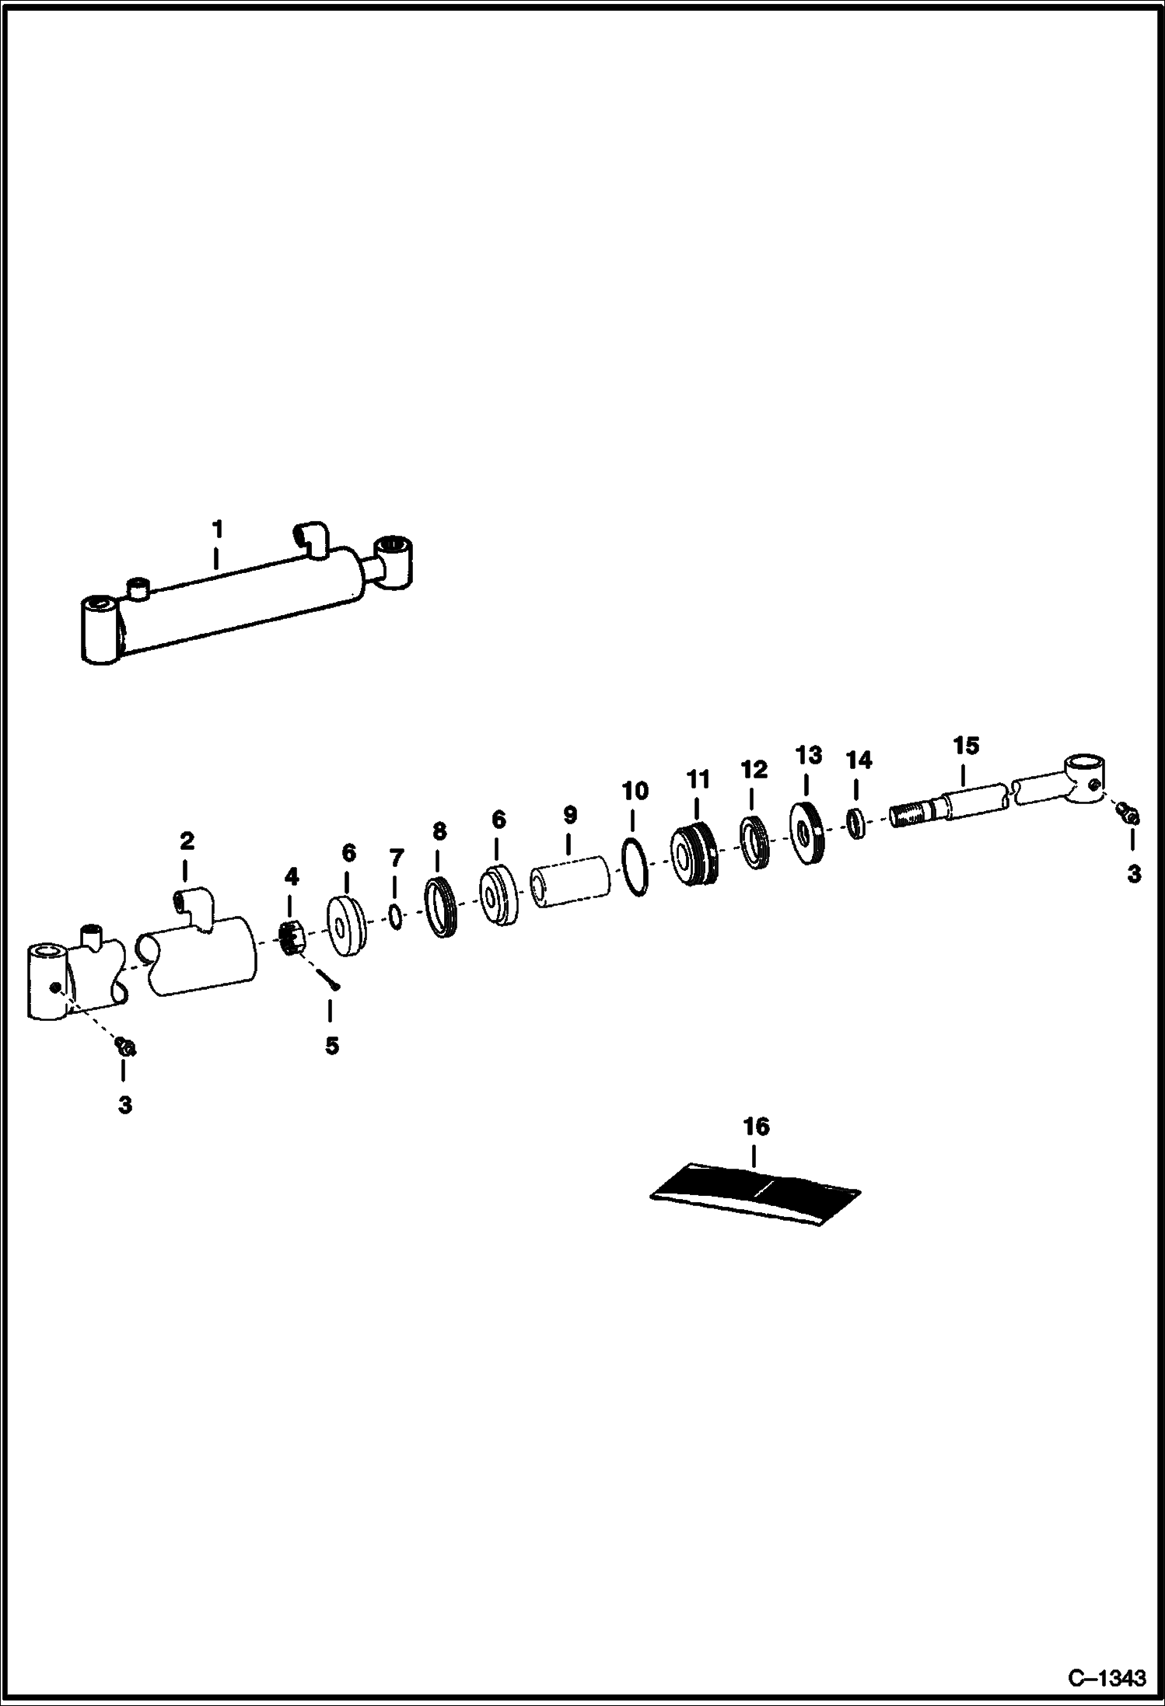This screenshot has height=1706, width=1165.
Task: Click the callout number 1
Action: pos(218,530)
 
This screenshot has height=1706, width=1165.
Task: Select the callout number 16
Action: pos(757,1127)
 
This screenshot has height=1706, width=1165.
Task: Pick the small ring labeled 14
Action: pos(855,823)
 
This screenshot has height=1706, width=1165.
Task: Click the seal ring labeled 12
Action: pos(755,843)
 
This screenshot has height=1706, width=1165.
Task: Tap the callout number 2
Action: pos(187,841)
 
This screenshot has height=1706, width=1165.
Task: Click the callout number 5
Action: pos(332,1046)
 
